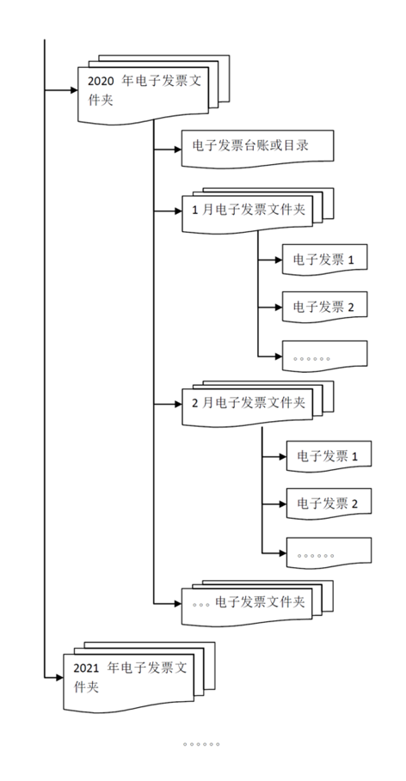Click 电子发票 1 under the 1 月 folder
click(323, 259)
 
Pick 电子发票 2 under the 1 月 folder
click(323, 307)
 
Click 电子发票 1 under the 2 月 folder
click(327, 454)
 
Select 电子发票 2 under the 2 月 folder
click(327, 502)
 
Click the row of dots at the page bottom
click(201, 744)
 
